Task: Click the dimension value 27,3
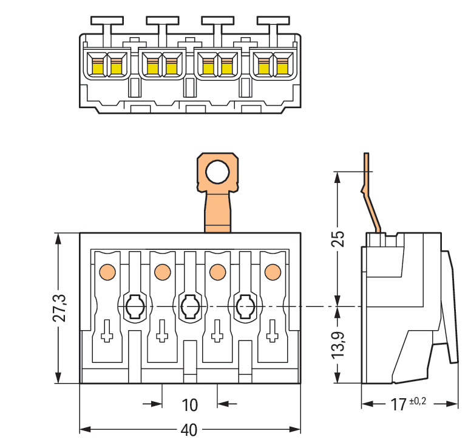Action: point(59,308)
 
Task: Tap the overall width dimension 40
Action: point(189,430)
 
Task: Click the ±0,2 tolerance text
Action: point(419,401)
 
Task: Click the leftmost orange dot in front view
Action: point(106,271)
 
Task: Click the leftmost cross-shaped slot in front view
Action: point(107,331)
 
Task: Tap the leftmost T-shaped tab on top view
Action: point(107,24)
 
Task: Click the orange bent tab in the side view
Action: point(371,195)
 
